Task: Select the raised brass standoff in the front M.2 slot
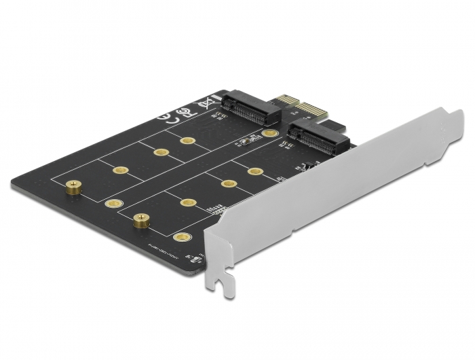[140, 219]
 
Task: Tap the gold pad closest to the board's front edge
[180, 237]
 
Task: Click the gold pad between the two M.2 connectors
[270, 133]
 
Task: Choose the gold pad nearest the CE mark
[188, 141]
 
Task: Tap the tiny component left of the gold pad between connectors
[245, 142]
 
